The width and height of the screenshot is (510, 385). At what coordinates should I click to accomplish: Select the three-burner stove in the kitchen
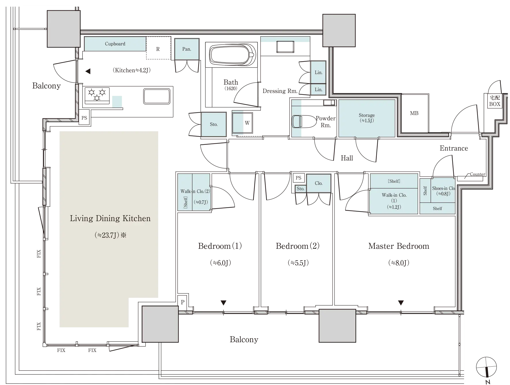pos(97,96)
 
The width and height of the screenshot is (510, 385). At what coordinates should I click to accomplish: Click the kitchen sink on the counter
pos(157,96)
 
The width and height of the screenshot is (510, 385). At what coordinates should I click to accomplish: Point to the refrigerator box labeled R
pos(158,48)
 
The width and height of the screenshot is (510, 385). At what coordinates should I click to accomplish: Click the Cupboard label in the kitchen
pos(115,44)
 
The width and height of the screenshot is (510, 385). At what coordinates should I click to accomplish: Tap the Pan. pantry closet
pos(187,49)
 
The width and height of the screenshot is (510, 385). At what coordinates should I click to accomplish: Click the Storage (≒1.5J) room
pos(367,118)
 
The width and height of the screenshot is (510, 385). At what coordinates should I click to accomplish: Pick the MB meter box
pos(414,113)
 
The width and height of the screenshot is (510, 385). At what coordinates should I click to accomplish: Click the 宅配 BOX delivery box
pos(494,101)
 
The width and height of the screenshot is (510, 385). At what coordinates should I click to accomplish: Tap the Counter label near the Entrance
pos(478,174)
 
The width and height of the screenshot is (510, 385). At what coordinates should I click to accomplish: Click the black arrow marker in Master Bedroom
pos(401,303)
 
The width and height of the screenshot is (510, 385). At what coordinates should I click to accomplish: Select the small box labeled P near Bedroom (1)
pos(182,302)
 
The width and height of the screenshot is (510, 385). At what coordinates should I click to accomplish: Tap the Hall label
pos(347,158)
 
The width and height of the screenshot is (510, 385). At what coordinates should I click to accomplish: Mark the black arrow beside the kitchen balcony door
pos(88,71)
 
